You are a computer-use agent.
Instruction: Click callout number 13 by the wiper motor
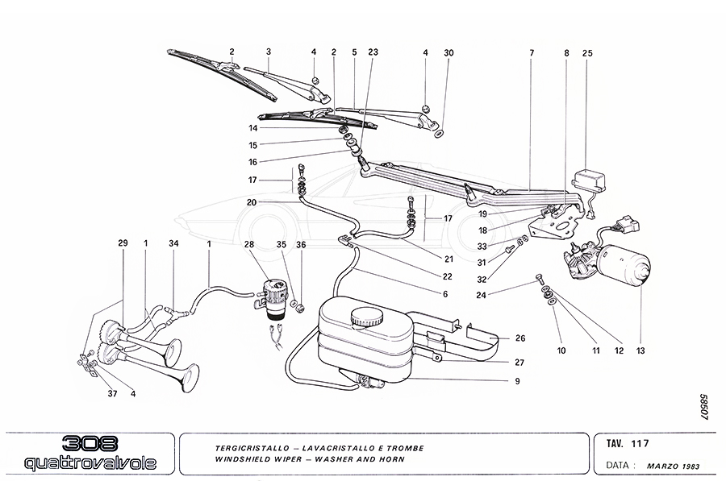640,350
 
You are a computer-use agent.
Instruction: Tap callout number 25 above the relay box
587,53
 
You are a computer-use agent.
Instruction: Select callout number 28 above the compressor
248,244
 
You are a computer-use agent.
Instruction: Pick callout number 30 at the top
449,53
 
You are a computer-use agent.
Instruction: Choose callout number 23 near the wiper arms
373,53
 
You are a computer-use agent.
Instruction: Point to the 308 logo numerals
88,445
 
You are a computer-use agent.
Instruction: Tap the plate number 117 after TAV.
641,443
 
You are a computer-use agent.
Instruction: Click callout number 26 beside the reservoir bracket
519,338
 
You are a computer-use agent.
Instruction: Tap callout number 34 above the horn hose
173,244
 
